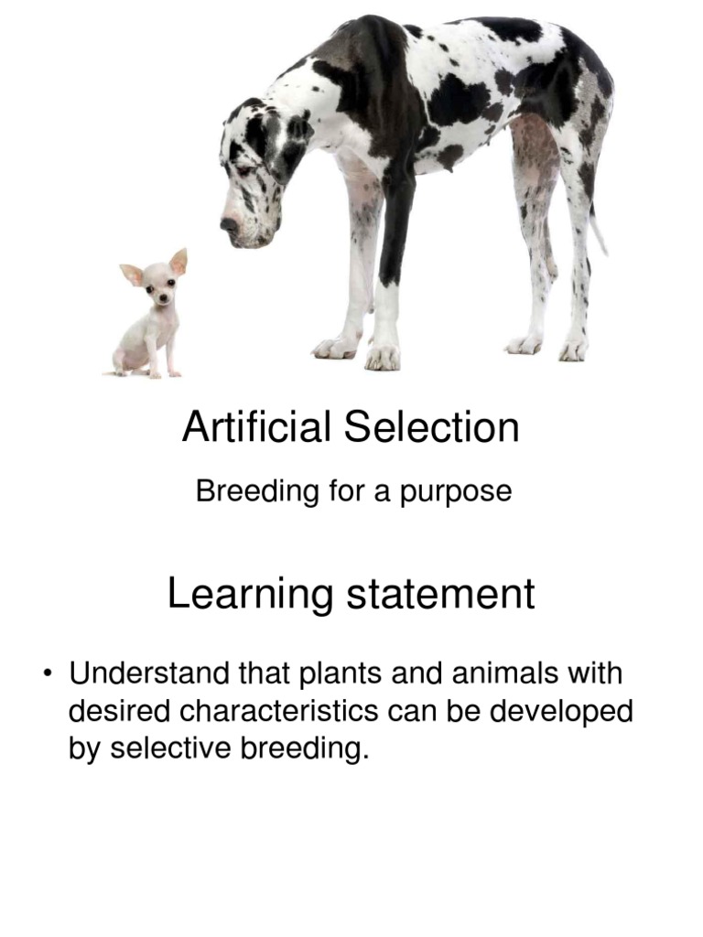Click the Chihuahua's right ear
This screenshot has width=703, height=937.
tap(178, 263)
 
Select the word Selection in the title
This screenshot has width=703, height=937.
tap(431, 427)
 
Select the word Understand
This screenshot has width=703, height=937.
tap(149, 674)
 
